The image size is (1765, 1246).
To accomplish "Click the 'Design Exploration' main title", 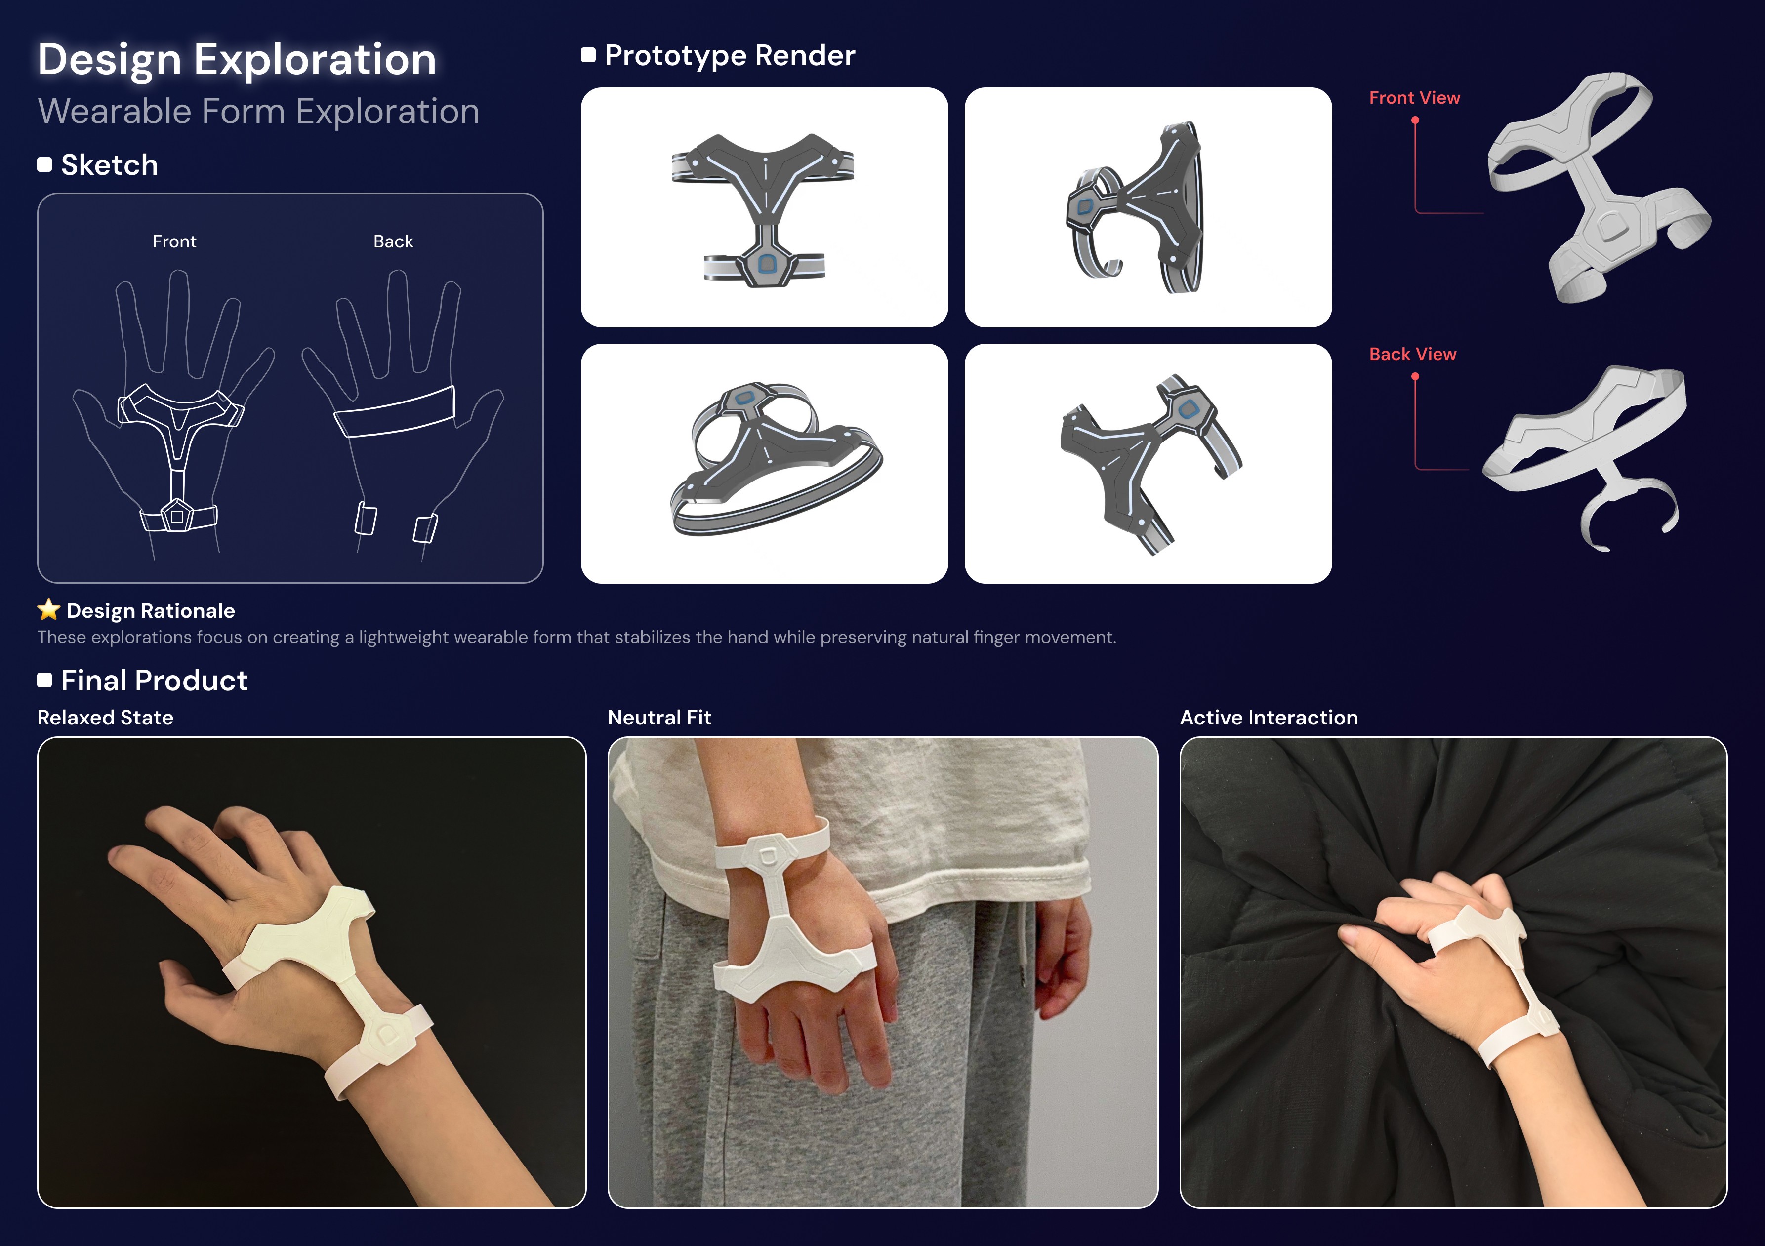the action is [237, 59].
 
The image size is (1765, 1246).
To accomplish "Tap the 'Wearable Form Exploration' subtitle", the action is [258, 112].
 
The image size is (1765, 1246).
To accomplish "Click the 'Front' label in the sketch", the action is [174, 241].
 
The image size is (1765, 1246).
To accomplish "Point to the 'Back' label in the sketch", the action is [393, 241].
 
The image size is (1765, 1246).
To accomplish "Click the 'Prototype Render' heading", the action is [730, 55].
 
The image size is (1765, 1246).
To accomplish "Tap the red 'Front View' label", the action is [1414, 98].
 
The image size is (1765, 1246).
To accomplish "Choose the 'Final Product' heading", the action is [155, 680].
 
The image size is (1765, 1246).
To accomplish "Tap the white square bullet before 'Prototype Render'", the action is [588, 55].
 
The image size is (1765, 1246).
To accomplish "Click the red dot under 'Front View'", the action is [1415, 120].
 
